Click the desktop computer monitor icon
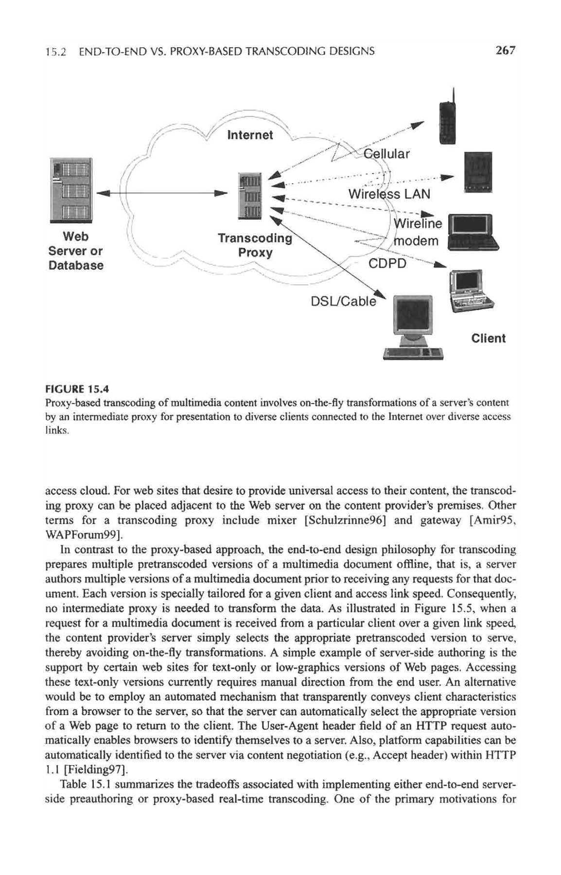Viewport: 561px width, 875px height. point(412,317)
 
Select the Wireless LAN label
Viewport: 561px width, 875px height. point(389,194)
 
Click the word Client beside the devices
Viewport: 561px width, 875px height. point(488,338)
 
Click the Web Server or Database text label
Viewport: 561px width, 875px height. point(75,251)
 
